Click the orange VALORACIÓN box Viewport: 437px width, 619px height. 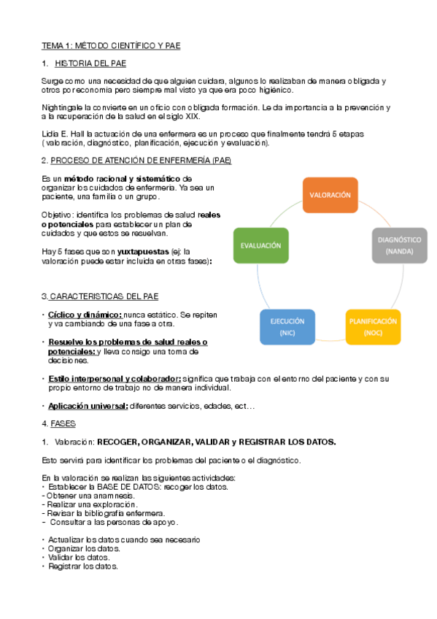[330, 196]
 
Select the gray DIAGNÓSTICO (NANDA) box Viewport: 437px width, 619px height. [399, 245]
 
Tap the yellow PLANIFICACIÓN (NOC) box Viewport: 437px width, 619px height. [373, 326]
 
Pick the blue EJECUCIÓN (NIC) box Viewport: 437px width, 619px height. [287, 326]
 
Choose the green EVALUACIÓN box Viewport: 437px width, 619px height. [260, 246]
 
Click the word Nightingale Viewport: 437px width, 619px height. [61, 107]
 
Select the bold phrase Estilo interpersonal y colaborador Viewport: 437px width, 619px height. [115, 378]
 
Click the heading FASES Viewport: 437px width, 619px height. [62, 423]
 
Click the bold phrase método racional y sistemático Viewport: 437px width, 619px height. [121, 179]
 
